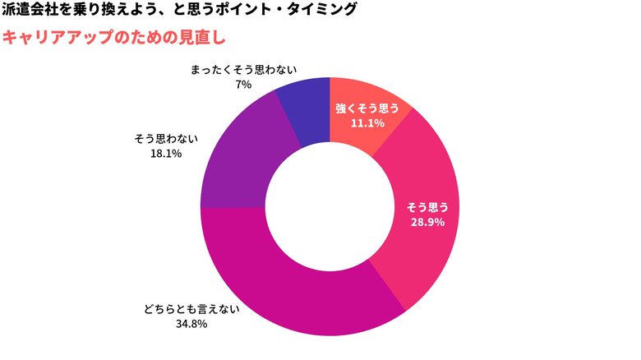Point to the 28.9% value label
[x=427, y=222]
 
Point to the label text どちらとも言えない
[x=190, y=310]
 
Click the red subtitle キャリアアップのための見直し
[x=113, y=38]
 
